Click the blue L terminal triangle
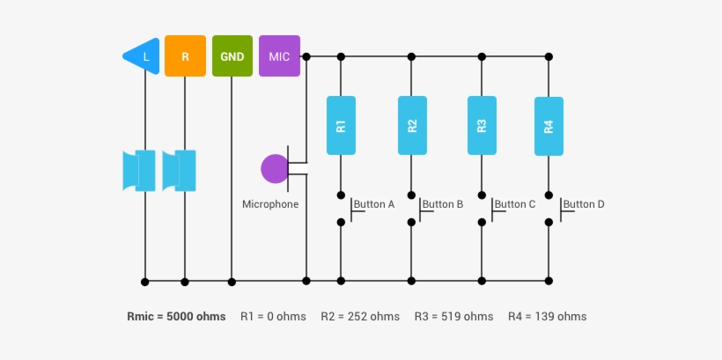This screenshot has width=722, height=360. pos(144,56)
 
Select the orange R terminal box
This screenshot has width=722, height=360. pos(185,56)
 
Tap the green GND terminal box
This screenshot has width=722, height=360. pos(232,56)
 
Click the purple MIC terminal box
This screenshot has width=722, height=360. pos(279,56)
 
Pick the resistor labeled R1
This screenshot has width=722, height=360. pos(341,125)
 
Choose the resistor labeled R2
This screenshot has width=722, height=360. pos(412,125)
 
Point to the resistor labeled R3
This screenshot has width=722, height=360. pos(481,125)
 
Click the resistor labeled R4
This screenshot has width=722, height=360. pos(549,125)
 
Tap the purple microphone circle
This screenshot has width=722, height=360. pos(275,169)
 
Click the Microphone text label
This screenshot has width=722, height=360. pos(270,204)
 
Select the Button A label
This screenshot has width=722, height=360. pos(373,204)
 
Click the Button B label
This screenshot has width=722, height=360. pos(442,204)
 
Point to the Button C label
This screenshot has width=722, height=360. pos(514,204)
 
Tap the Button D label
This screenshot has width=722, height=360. pos(583,204)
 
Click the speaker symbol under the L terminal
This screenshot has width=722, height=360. pos(139,170)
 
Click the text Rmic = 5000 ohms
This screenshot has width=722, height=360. pos(176,316)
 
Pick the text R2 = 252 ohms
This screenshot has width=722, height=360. pos(360,316)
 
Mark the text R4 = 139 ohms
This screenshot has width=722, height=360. pos(547,316)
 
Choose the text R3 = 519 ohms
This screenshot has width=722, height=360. pos(453,316)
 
